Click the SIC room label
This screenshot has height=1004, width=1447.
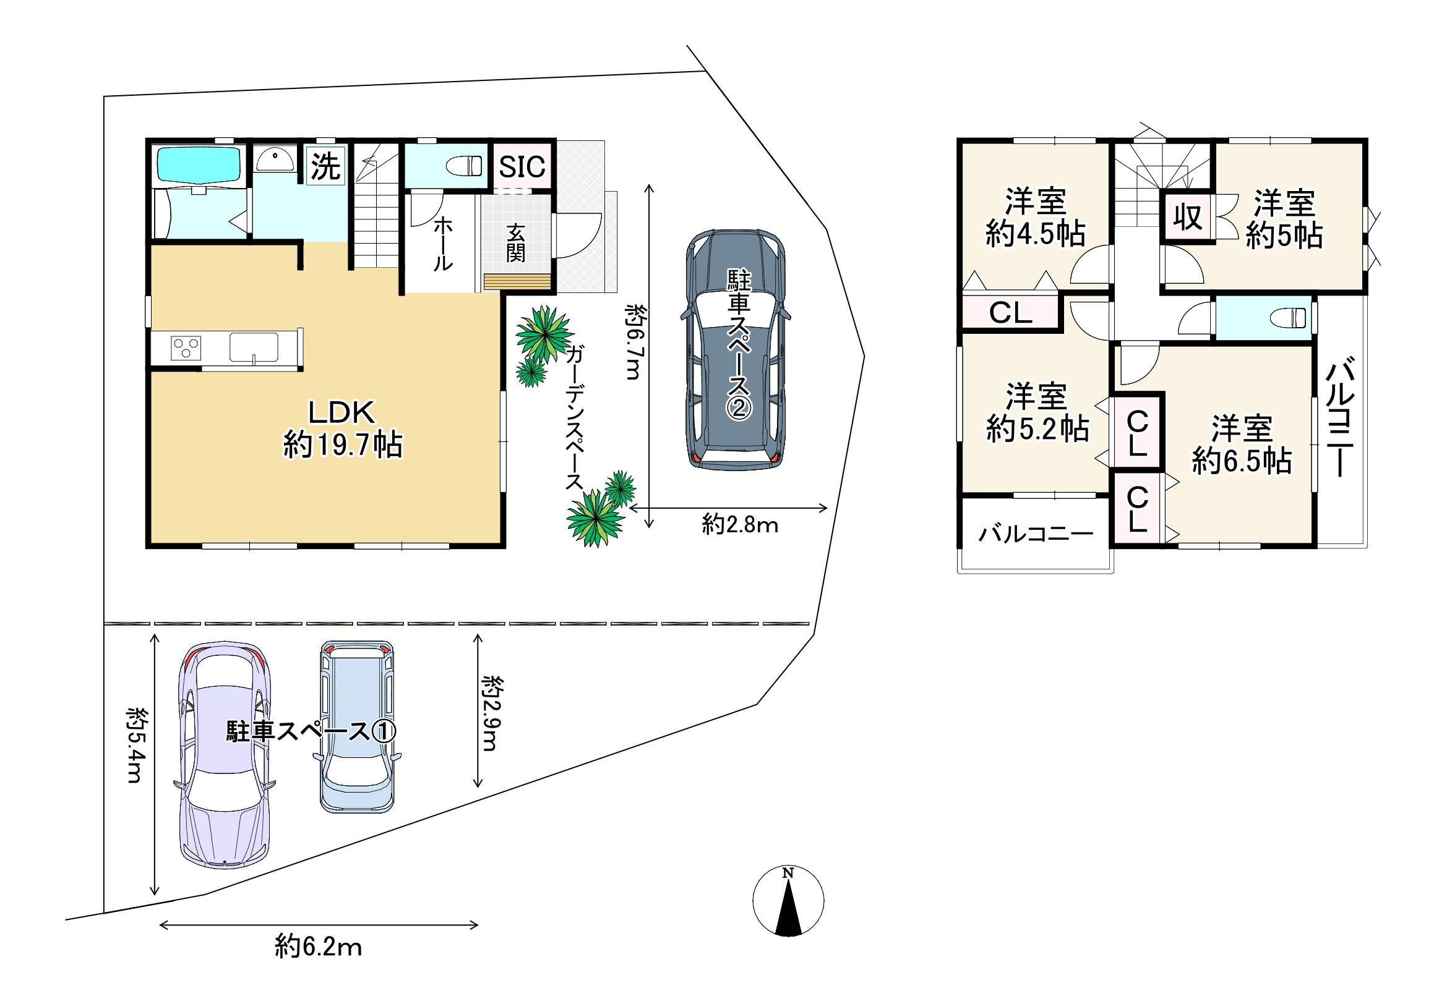522,167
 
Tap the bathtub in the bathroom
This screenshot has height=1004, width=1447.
198,165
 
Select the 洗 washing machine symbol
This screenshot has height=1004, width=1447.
325,166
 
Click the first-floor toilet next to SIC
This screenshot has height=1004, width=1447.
464,166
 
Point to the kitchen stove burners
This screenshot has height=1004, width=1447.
186,348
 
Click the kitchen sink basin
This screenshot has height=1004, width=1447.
254,347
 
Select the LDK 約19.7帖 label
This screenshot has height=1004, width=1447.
342,429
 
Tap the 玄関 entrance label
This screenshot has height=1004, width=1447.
515,243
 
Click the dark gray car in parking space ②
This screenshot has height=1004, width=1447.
736,350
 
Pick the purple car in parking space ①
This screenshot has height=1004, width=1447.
225,755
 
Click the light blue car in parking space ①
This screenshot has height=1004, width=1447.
358,726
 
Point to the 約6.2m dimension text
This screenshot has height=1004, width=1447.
319,946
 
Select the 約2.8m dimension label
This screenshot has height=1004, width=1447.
740,524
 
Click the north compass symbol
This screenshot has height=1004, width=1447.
788,901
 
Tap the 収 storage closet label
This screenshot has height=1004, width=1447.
1188,217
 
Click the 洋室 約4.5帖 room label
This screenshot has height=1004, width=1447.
1036,217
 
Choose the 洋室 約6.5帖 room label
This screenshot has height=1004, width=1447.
1242,444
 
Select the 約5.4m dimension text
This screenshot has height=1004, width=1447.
137,745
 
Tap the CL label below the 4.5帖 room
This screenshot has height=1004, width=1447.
1011,313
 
